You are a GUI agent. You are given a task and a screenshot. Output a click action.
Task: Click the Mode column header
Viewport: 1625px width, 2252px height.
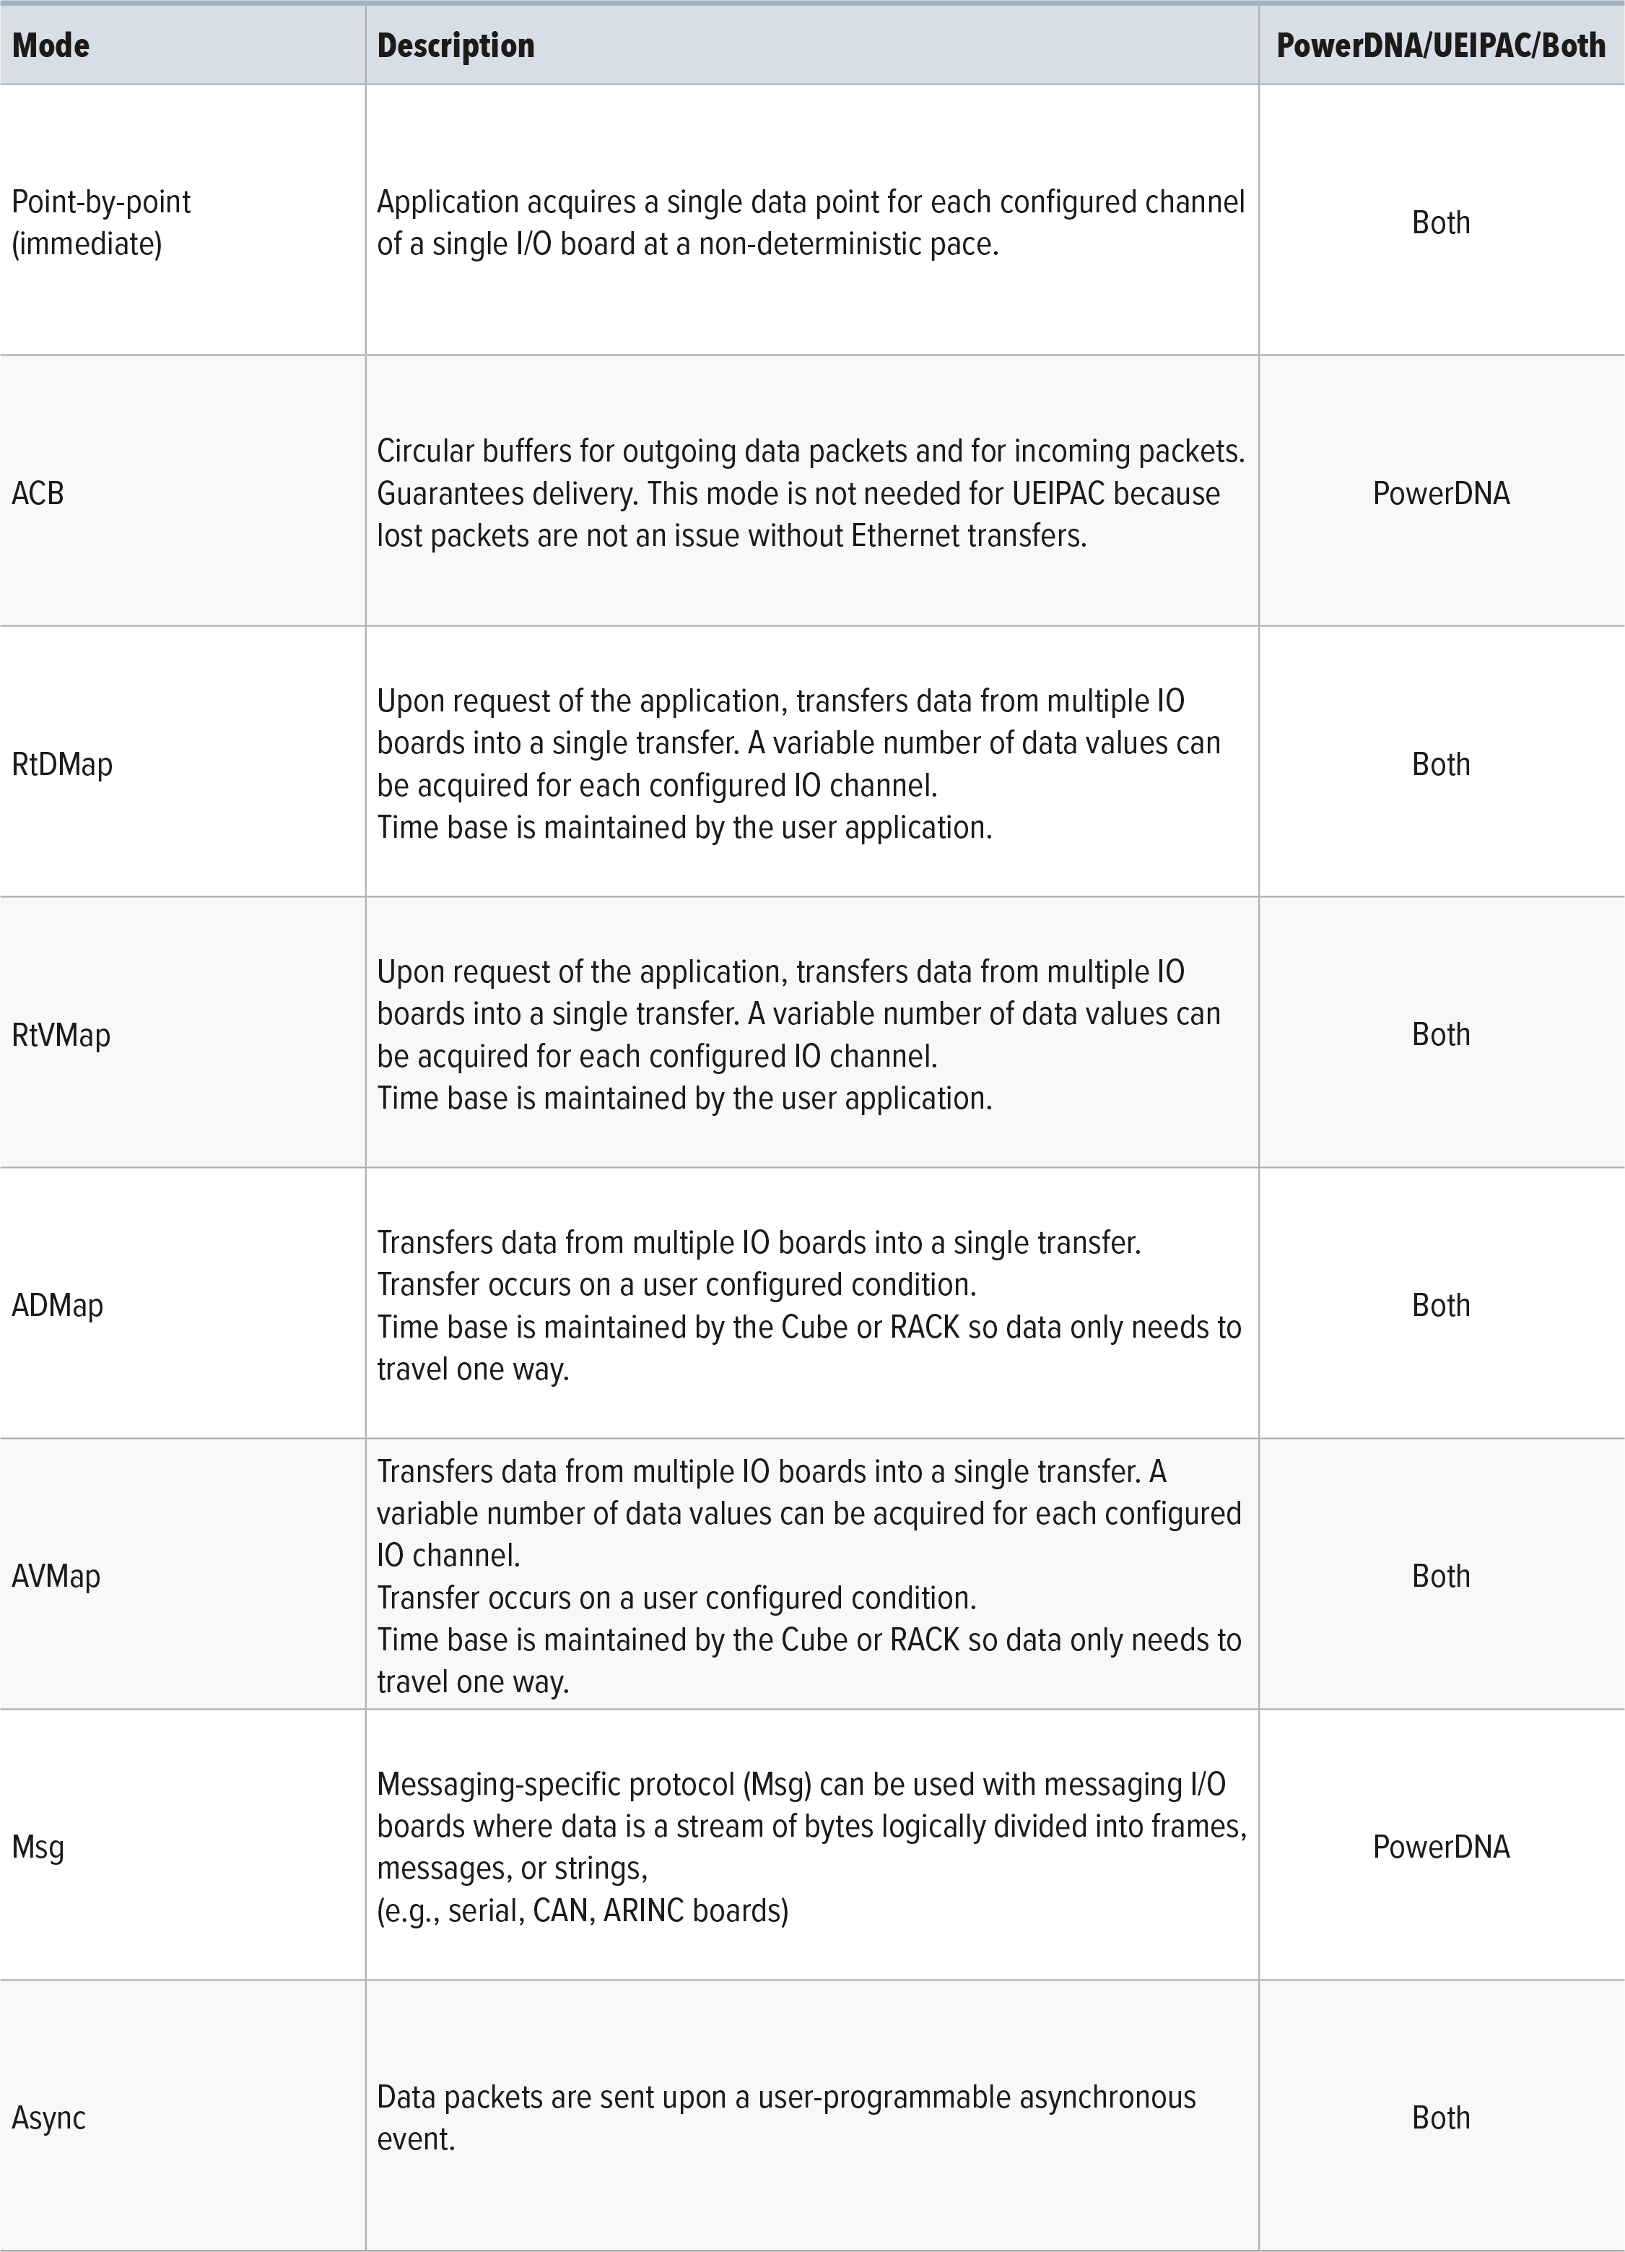click(51, 46)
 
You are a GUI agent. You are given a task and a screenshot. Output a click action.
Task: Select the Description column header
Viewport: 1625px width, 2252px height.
click(456, 46)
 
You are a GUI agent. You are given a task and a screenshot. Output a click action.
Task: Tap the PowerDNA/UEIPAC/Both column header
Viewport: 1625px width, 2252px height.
click(1440, 46)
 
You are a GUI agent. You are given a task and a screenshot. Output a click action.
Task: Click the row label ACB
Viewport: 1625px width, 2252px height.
click(38, 493)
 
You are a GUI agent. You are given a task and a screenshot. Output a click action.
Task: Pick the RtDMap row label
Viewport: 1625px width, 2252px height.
click(61, 765)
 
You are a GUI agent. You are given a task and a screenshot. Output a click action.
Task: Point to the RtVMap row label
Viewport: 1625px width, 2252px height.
click(61, 1036)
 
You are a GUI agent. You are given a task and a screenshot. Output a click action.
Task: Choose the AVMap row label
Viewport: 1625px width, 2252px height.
click(56, 1576)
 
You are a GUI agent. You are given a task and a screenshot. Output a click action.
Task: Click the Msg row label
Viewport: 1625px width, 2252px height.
click(38, 1847)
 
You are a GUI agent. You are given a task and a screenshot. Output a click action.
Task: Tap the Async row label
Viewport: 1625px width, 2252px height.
click(48, 2118)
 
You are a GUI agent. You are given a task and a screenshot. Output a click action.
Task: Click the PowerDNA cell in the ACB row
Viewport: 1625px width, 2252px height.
click(1440, 493)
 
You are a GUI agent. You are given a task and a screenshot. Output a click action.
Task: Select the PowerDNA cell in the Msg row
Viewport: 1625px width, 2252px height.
click(1440, 1847)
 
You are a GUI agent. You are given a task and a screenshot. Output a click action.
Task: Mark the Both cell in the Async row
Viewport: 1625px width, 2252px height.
click(1440, 2118)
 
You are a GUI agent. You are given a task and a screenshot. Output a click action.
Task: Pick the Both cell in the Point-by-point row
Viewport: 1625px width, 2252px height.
click(1440, 222)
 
